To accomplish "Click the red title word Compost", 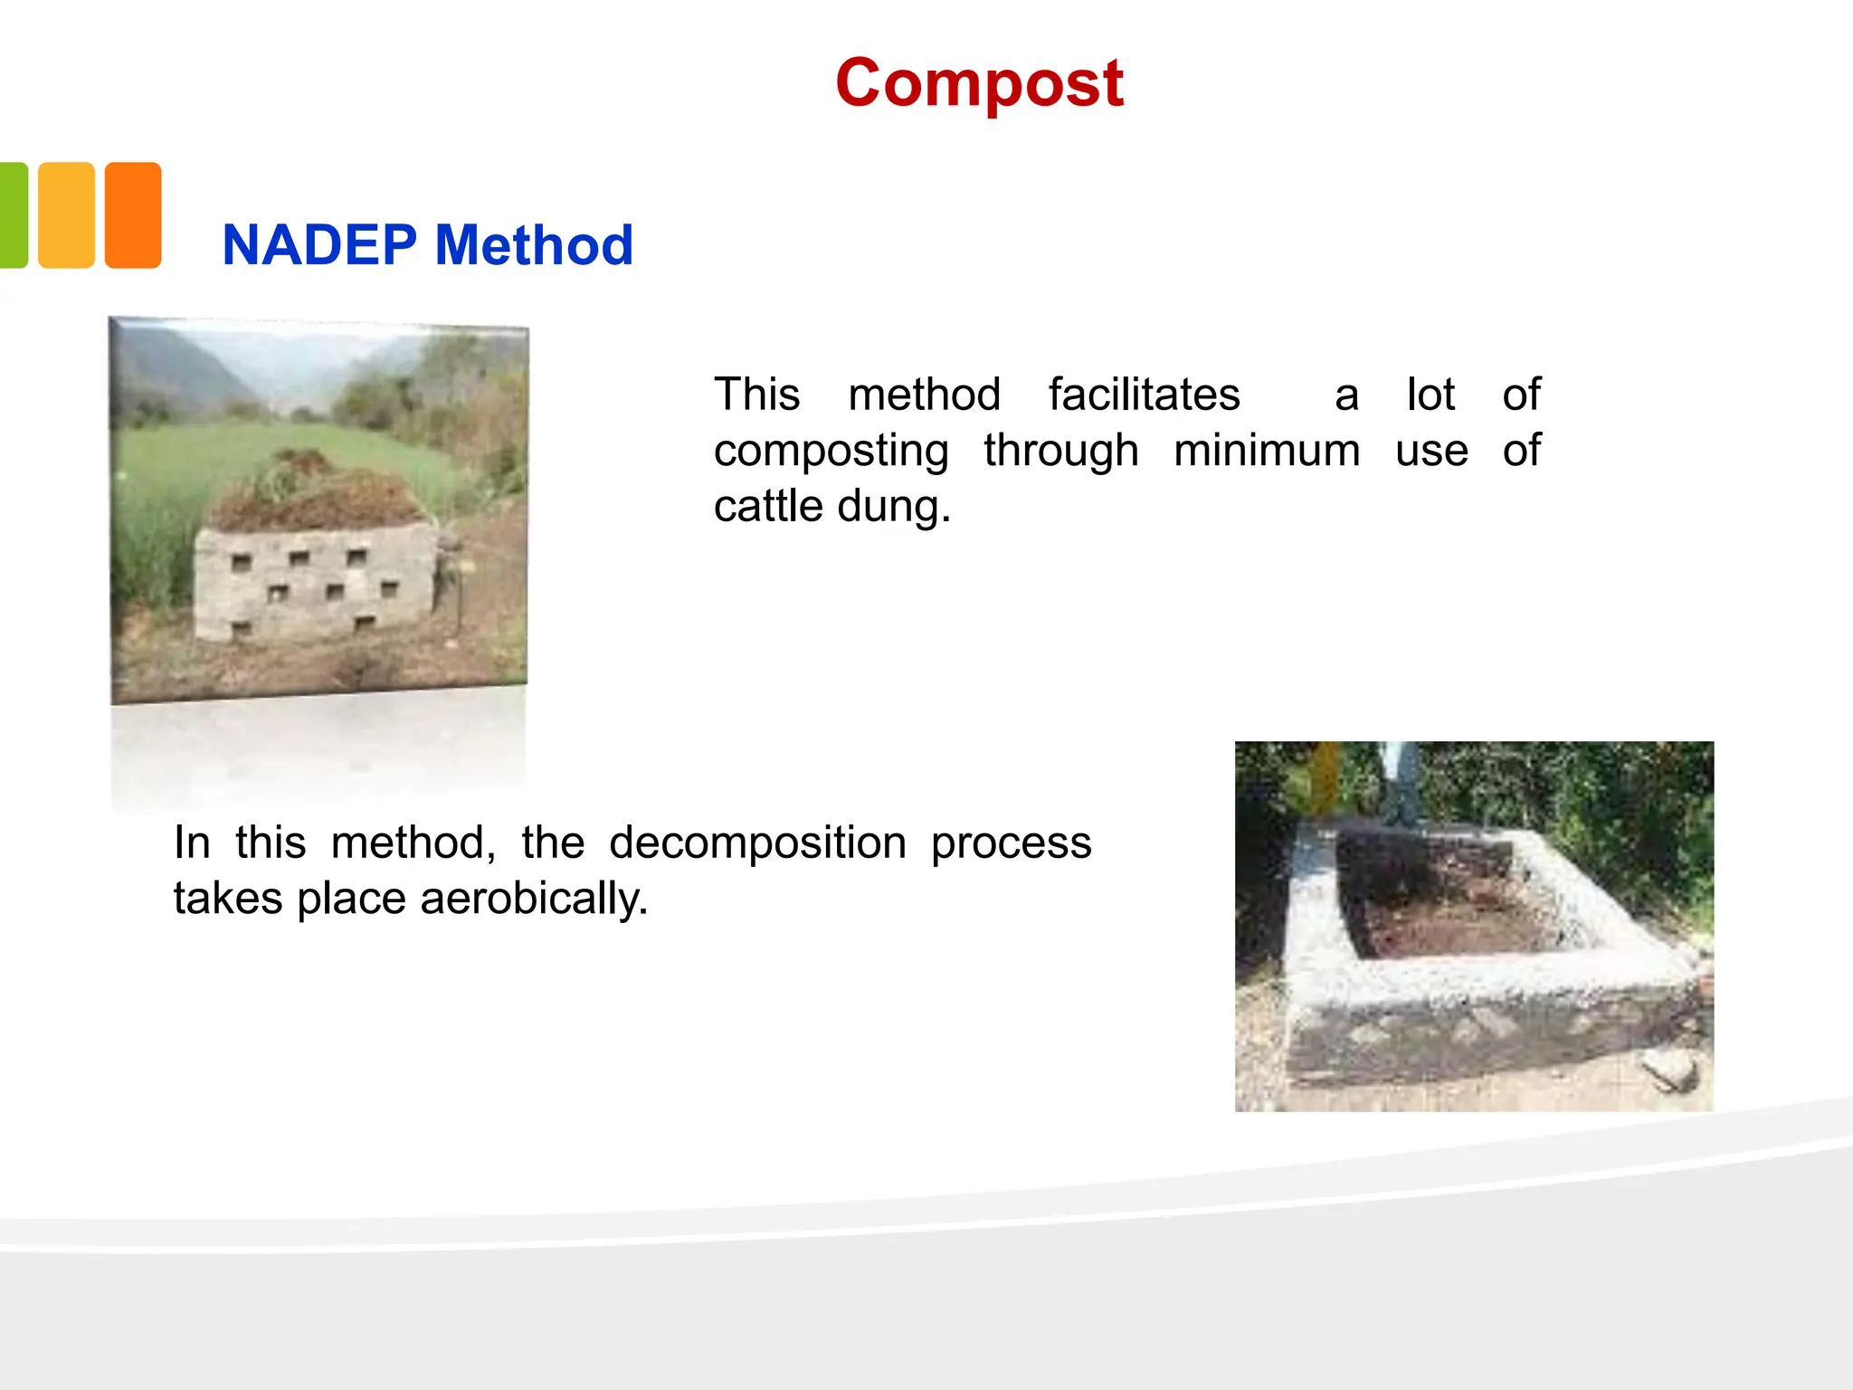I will point(979,83).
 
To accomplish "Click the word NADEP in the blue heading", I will point(319,245).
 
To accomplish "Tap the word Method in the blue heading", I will point(534,245).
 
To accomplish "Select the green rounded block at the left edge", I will point(13,215).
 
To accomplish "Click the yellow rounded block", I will point(66,215).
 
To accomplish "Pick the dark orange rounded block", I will point(133,215).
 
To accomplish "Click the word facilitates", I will point(1144,395).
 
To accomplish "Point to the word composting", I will point(831,451).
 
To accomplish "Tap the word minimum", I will point(1267,451).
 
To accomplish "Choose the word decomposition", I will point(757,843).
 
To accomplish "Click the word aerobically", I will point(534,900).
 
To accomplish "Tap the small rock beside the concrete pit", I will point(1669,1071).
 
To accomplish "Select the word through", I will point(1060,451).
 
